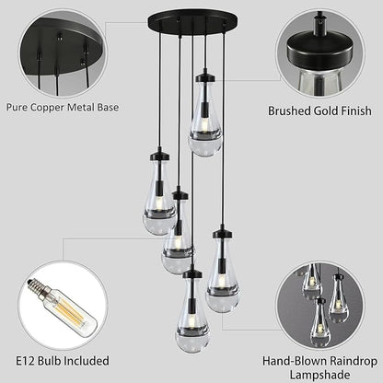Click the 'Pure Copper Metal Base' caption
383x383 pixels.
pos(62,108)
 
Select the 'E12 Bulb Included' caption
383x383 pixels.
pos(61,361)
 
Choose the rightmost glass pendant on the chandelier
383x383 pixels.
pos(222,276)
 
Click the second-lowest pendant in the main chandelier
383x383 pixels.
pos(222,276)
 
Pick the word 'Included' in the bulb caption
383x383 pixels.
pos(86,361)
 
